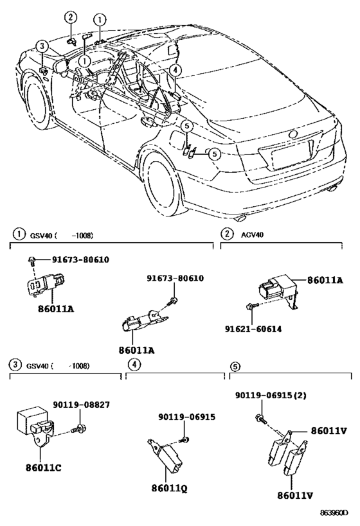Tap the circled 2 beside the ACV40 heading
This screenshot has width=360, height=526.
click(x=227, y=234)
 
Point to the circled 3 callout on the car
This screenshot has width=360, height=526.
click(x=42, y=46)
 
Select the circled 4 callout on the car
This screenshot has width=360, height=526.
click(x=176, y=70)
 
